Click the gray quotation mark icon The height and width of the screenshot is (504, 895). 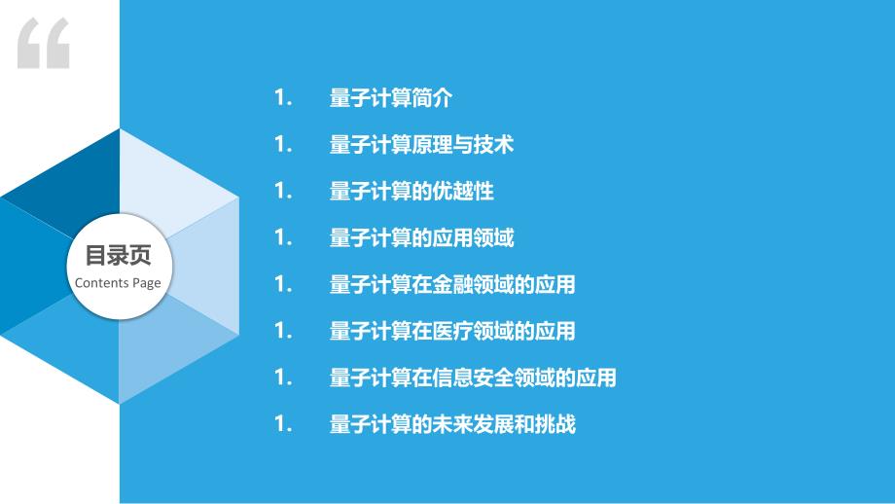[x=44, y=44]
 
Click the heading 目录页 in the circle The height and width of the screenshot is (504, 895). [x=118, y=255]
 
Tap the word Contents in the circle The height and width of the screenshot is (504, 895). [x=102, y=282]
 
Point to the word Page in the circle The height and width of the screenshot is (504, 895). [x=147, y=283]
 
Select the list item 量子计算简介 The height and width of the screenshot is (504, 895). [x=391, y=98]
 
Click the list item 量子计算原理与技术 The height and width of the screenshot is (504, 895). [x=422, y=144]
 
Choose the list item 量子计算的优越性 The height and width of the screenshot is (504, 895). [x=412, y=192]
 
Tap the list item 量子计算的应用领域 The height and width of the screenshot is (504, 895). [x=422, y=238]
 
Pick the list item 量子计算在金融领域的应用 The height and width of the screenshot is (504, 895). [x=452, y=284]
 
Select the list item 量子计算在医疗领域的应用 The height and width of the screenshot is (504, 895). [x=452, y=331]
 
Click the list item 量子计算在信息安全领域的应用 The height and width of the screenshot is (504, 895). [x=473, y=378]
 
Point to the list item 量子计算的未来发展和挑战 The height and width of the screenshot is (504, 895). [x=452, y=424]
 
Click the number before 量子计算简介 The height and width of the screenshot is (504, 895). [x=283, y=98]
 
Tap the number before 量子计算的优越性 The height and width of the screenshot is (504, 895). [x=283, y=192]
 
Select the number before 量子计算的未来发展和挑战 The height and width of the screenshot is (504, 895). [x=283, y=424]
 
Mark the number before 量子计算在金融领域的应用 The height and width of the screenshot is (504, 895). [x=283, y=284]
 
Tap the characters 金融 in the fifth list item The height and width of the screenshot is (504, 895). [x=452, y=284]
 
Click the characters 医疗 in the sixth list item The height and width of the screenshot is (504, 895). [x=452, y=331]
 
